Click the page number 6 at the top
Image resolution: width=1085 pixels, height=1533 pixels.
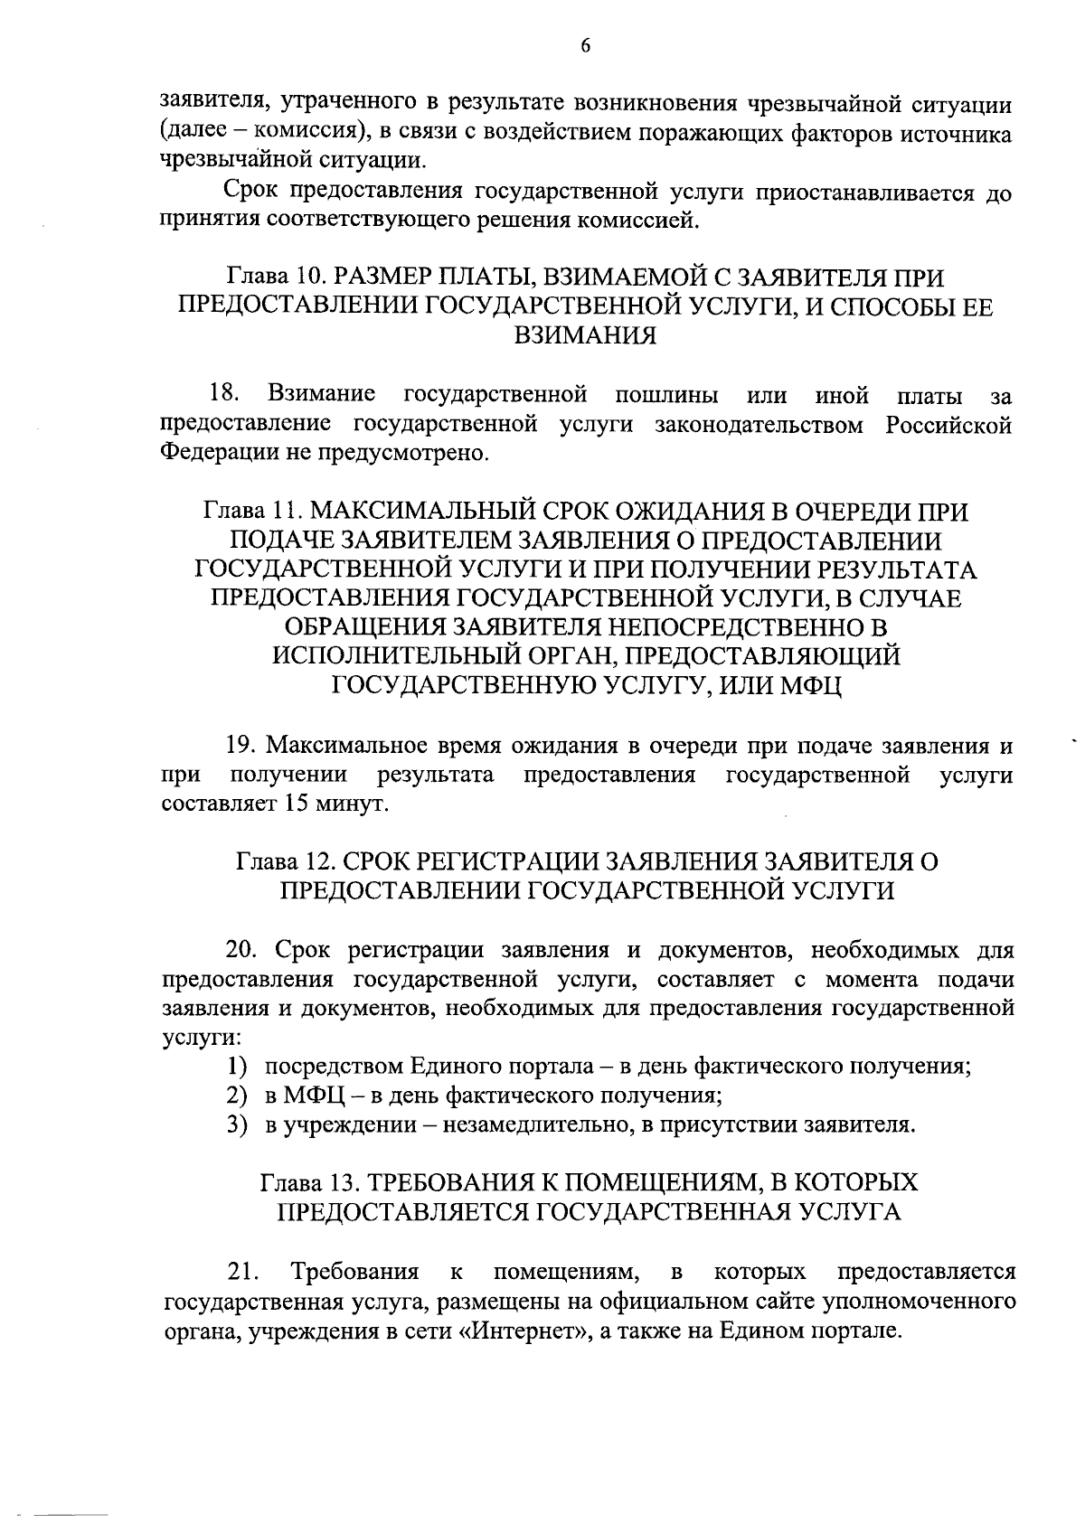point(585,46)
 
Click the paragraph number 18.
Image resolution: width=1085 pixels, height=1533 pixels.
point(223,394)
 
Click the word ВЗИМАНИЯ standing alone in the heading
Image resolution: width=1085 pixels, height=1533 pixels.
point(585,336)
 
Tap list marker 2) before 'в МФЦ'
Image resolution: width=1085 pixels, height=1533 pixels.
point(237,1096)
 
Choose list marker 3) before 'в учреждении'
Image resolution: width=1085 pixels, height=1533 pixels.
point(237,1125)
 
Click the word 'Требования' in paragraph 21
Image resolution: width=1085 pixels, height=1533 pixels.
point(354,1272)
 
